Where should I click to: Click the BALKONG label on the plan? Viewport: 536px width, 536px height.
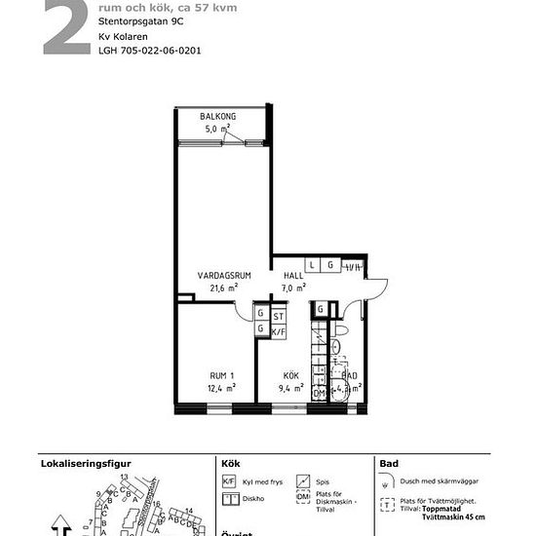(x=218, y=117)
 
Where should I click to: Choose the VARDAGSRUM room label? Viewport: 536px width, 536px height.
(x=223, y=276)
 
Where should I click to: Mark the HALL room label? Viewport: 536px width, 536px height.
(x=293, y=276)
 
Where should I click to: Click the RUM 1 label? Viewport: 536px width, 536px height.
(x=222, y=375)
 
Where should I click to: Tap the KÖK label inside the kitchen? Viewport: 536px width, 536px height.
(x=291, y=375)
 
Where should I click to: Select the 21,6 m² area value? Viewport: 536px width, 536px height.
(x=223, y=288)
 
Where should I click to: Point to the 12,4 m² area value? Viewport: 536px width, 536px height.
(x=222, y=388)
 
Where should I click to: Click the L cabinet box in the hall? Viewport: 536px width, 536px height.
(x=312, y=265)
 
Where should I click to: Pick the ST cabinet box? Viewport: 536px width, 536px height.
(x=278, y=316)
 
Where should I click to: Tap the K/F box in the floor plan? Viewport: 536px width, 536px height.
(x=278, y=331)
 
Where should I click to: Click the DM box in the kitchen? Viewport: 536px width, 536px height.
(x=318, y=393)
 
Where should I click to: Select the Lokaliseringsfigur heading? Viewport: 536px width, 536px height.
(x=85, y=463)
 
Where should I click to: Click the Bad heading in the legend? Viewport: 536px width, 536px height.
(x=389, y=463)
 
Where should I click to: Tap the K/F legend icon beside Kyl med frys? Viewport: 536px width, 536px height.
(x=229, y=481)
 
